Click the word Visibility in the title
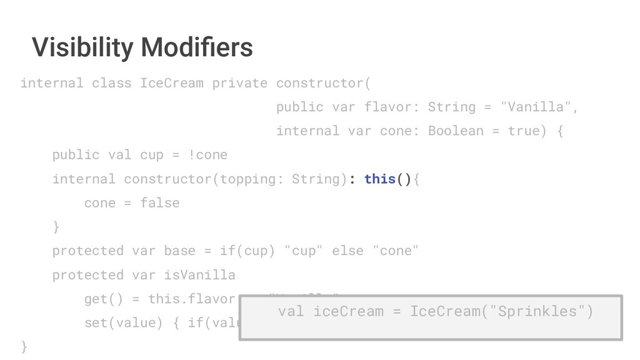[x=82, y=47]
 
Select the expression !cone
[x=207, y=155]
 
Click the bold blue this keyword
[x=379, y=179]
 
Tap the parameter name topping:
[x=251, y=179]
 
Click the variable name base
[x=179, y=251]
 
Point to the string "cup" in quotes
[x=303, y=251]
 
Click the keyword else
[x=347, y=251]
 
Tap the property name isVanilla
[x=199, y=275]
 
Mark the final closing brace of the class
[x=24, y=346]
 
